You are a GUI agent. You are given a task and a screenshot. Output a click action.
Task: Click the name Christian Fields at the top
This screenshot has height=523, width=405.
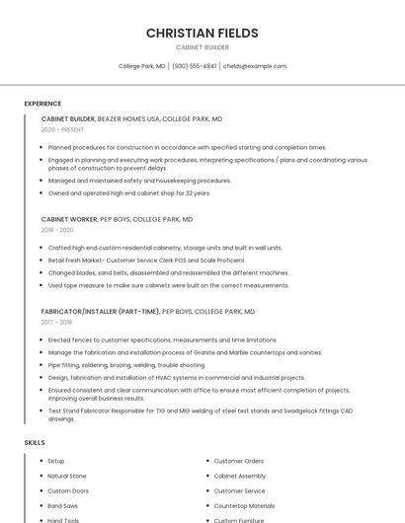tap(202, 33)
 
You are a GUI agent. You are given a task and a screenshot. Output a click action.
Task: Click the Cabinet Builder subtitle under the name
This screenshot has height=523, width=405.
tap(202, 47)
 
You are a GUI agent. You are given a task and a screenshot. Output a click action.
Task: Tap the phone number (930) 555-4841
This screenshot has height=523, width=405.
tap(194, 66)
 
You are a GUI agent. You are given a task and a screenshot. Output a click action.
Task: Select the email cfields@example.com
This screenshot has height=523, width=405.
tap(255, 66)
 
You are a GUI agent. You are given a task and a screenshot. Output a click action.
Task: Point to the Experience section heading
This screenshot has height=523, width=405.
tap(42, 104)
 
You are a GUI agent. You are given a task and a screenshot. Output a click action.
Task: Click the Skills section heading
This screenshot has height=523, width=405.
tap(35, 443)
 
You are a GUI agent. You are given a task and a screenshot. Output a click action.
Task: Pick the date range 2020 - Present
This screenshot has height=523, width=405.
tap(62, 129)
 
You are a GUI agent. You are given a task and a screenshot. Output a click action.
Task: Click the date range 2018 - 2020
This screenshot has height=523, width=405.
tap(57, 230)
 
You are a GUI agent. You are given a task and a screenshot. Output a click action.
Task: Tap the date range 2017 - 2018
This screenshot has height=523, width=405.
tap(56, 322)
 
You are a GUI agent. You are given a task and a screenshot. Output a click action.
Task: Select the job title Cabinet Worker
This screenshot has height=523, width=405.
tap(69, 219)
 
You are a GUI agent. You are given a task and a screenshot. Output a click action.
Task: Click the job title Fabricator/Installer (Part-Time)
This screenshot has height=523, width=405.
tap(100, 311)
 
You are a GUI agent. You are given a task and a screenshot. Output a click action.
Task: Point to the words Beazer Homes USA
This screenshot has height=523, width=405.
tap(128, 118)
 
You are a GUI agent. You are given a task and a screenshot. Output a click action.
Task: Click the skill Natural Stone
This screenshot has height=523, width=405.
tap(67, 476)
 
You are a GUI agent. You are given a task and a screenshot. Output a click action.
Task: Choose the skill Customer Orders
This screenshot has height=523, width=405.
tap(239, 461)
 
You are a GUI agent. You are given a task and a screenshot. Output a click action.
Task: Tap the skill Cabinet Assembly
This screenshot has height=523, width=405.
tap(240, 476)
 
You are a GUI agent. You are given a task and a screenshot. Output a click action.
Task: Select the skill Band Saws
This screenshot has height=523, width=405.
tap(62, 505)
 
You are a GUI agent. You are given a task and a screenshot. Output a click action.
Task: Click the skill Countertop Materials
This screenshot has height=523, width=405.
tap(244, 505)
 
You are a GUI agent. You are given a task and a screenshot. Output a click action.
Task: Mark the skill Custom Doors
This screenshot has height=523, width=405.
tap(68, 490)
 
